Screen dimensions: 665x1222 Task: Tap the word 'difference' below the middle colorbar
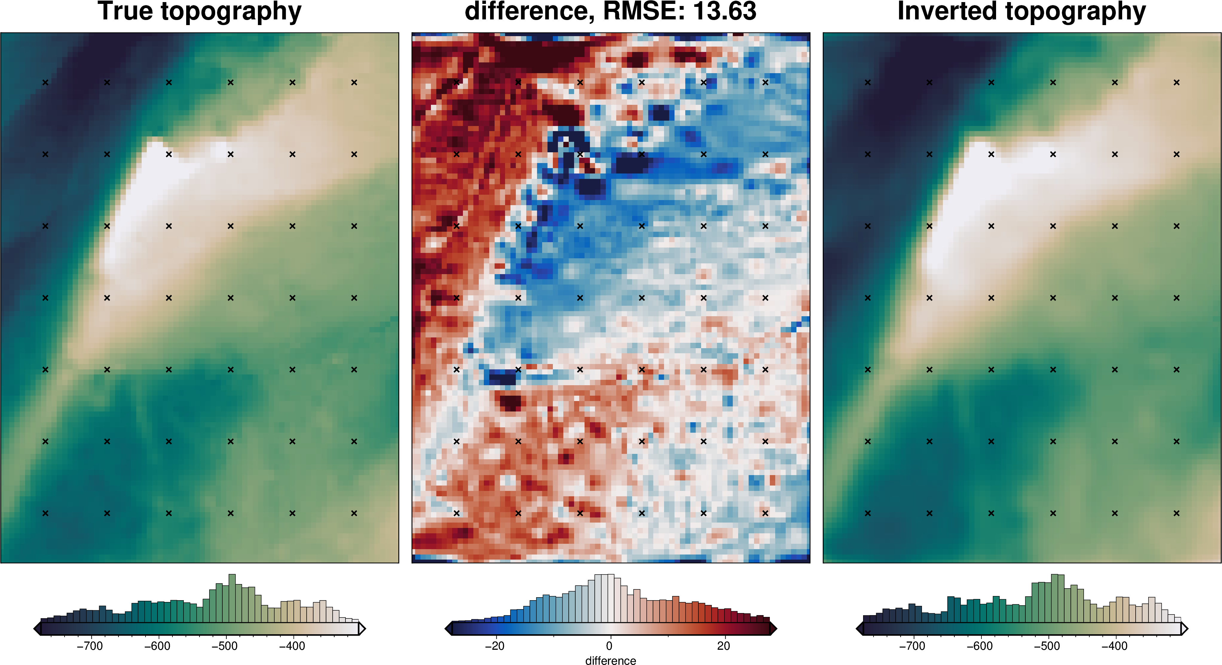pos(611,660)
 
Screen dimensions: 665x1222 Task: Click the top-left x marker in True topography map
pos(45,82)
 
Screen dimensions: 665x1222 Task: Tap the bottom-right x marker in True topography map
pos(354,513)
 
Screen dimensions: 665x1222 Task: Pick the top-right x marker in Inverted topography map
pos(1177,82)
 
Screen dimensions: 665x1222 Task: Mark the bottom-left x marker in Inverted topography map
pos(868,513)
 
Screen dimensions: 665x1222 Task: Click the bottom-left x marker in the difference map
pos(456,513)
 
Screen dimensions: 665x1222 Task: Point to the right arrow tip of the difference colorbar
pos(775,629)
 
